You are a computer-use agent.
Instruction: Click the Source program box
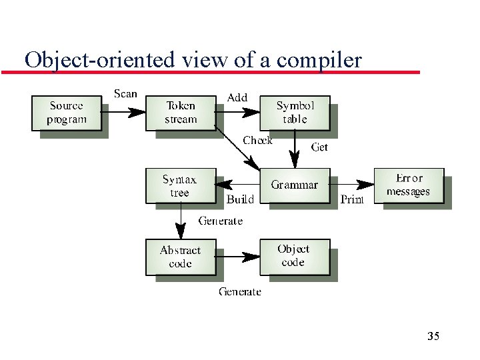[x=67, y=113]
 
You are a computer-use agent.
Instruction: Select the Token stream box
[x=181, y=113]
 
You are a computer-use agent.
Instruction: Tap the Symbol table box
[x=295, y=112]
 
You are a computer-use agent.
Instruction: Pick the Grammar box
[x=295, y=185]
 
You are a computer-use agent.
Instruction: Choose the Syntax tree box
[x=180, y=186]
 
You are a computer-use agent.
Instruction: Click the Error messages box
[x=409, y=185]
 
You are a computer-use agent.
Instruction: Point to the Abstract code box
[x=180, y=257]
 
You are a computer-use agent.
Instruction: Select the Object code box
[x=294, y=256]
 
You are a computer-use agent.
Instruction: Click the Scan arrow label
[x=125, y=93]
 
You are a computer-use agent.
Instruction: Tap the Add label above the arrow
[x=237, y=97]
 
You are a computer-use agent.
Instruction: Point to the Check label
[x=257, y=140]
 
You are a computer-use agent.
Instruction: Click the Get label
[x=320, y=147]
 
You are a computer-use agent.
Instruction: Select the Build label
[x=240, y=199]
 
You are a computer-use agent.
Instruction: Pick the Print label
[x=352, y=199]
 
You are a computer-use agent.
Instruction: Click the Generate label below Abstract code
[x=240, y=291]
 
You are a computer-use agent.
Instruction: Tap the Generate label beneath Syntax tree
[x=221, y=221]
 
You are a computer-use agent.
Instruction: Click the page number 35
[x=433, y=336]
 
